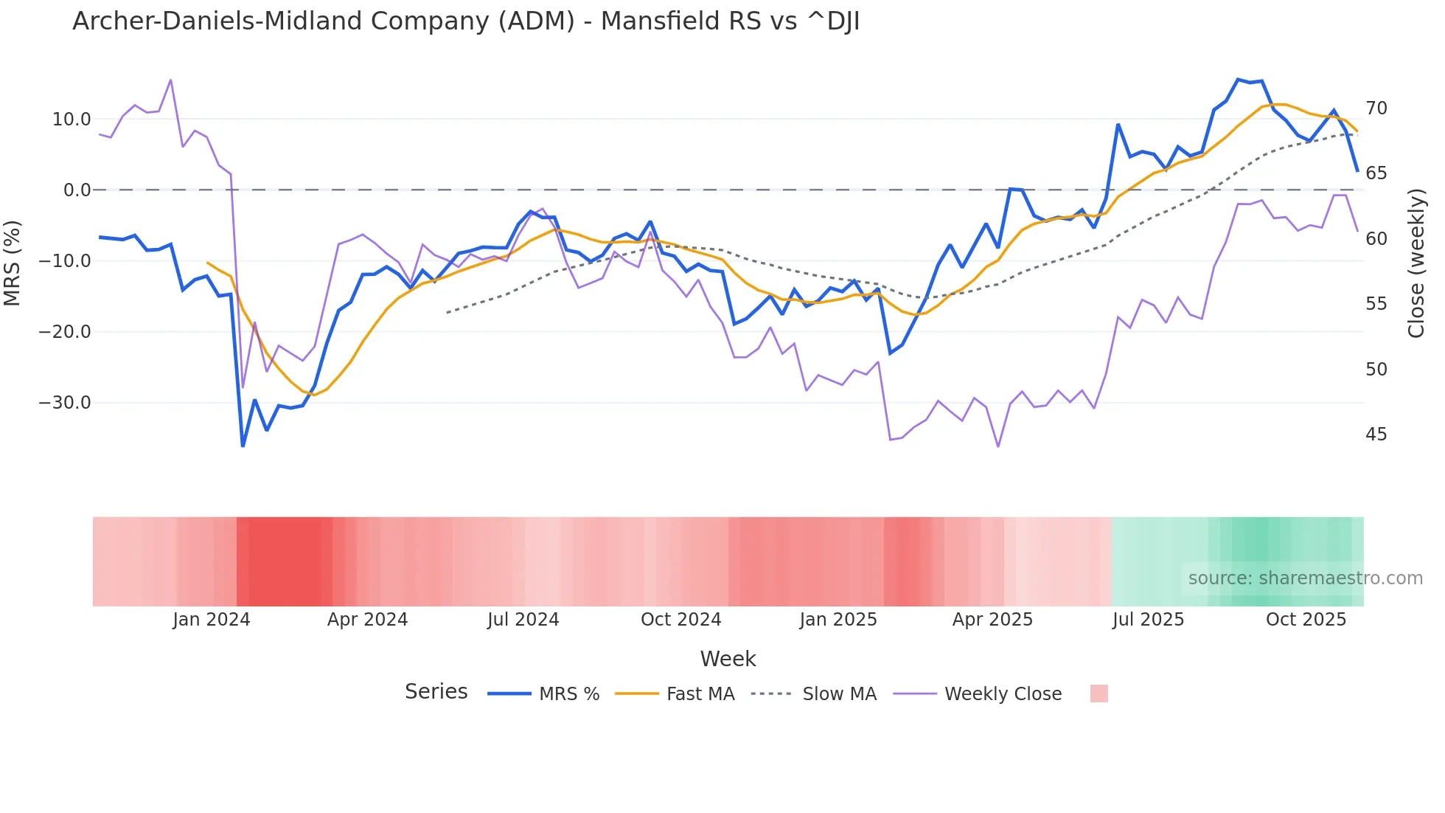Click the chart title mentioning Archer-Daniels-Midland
point(466,21)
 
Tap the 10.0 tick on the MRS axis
point(72,120)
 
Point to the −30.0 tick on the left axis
point(65,403)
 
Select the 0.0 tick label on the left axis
point(77,190)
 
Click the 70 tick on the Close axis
point(1376,108)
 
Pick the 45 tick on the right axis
point(1376,435)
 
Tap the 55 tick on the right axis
point(1376,304)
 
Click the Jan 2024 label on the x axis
point(212,620)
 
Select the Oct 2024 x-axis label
point(680,620)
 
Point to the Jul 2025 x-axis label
point(1148,620)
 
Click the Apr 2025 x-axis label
point(992,620)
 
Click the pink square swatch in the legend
point(1098,694)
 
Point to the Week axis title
point(728,659)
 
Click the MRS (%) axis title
point(13,263)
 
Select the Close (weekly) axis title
point(1416,263)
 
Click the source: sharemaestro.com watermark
point(1305,578)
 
